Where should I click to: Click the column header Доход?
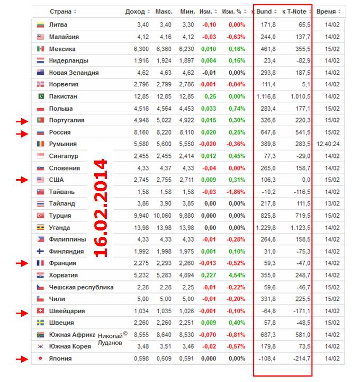point(134,11)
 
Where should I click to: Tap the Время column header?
point(326,11)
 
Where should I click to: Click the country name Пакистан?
point(63,96)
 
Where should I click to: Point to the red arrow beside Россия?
point(21,132)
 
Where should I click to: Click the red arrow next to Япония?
point(21,359)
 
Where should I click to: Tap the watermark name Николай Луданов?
point(113,339)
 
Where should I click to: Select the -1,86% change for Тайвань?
point(235,192)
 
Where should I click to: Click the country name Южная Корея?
point(68,347)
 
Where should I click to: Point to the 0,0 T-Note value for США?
point(304,180)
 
